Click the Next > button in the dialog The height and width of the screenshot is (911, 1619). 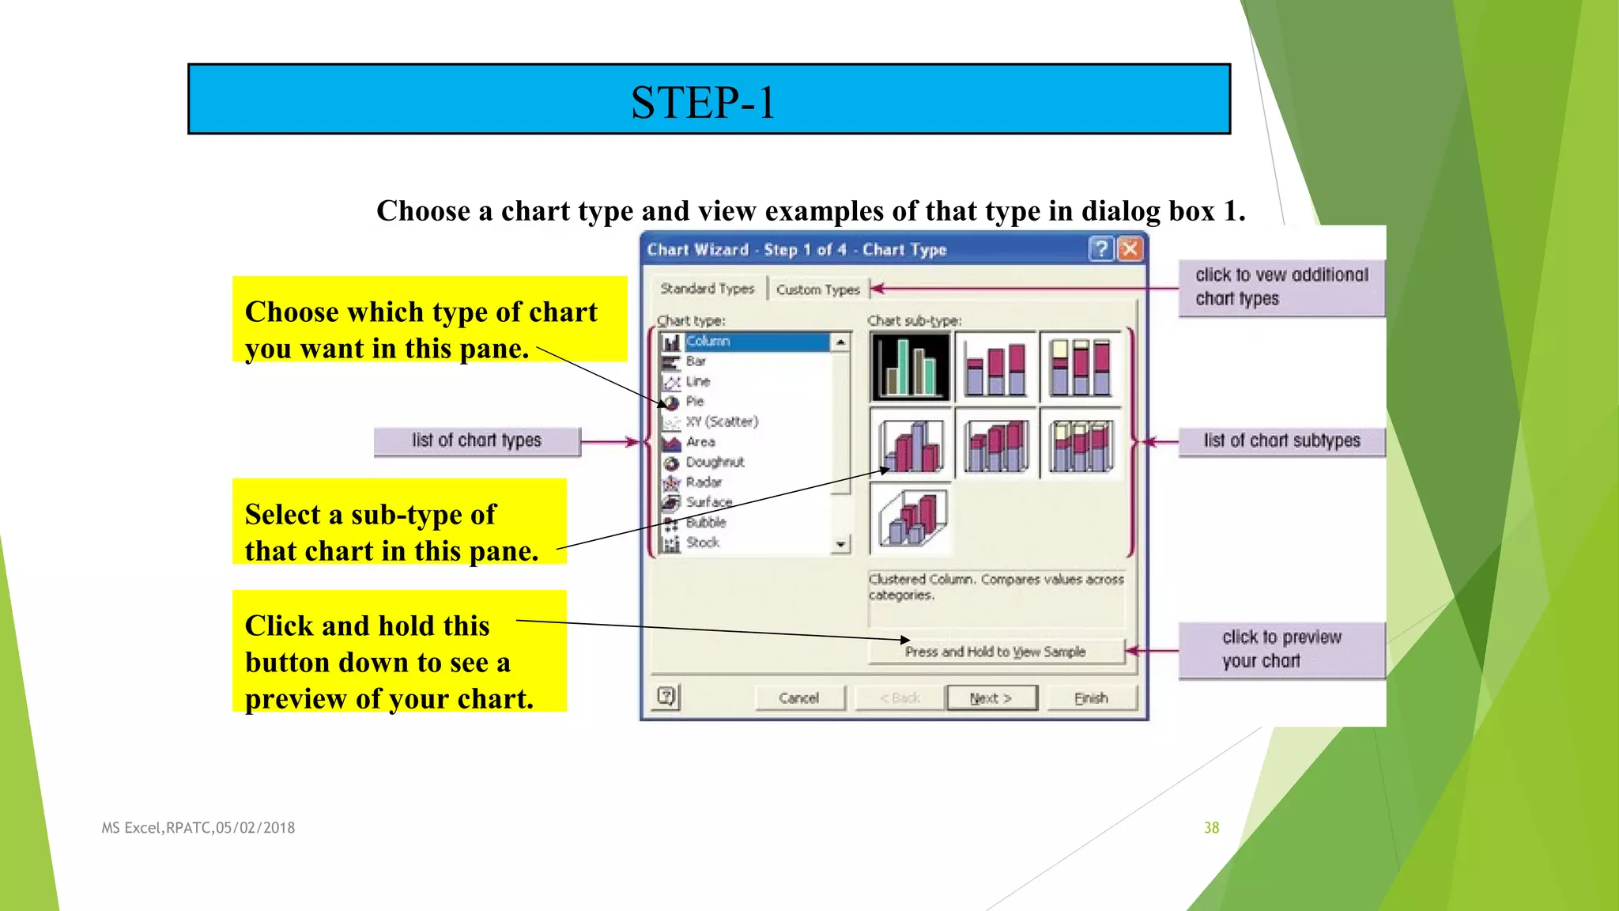pos(991,698)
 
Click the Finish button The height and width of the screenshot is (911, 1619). pos(1091,698)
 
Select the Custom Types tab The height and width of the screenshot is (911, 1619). pos(817,289)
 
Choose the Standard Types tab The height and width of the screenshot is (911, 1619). pos(708,289)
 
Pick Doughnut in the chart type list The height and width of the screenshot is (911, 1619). pos(715,462)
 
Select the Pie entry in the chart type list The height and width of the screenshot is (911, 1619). pos(695,401)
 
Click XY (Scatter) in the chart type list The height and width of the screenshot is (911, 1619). pos(721,421)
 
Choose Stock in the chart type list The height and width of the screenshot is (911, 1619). pos(702,542)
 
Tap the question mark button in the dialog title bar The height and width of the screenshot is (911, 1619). pos(1100,250)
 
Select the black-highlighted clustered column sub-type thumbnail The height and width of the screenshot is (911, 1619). pos(910,366)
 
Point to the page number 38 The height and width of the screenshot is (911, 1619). pos(1211,828)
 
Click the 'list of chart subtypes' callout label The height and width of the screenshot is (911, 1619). pos(1281,440)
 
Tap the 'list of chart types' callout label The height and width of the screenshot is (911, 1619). pos(477,440)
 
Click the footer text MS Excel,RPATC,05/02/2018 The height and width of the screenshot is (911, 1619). pos(198,828)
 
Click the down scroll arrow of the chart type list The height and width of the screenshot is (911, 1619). pos(840,545)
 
